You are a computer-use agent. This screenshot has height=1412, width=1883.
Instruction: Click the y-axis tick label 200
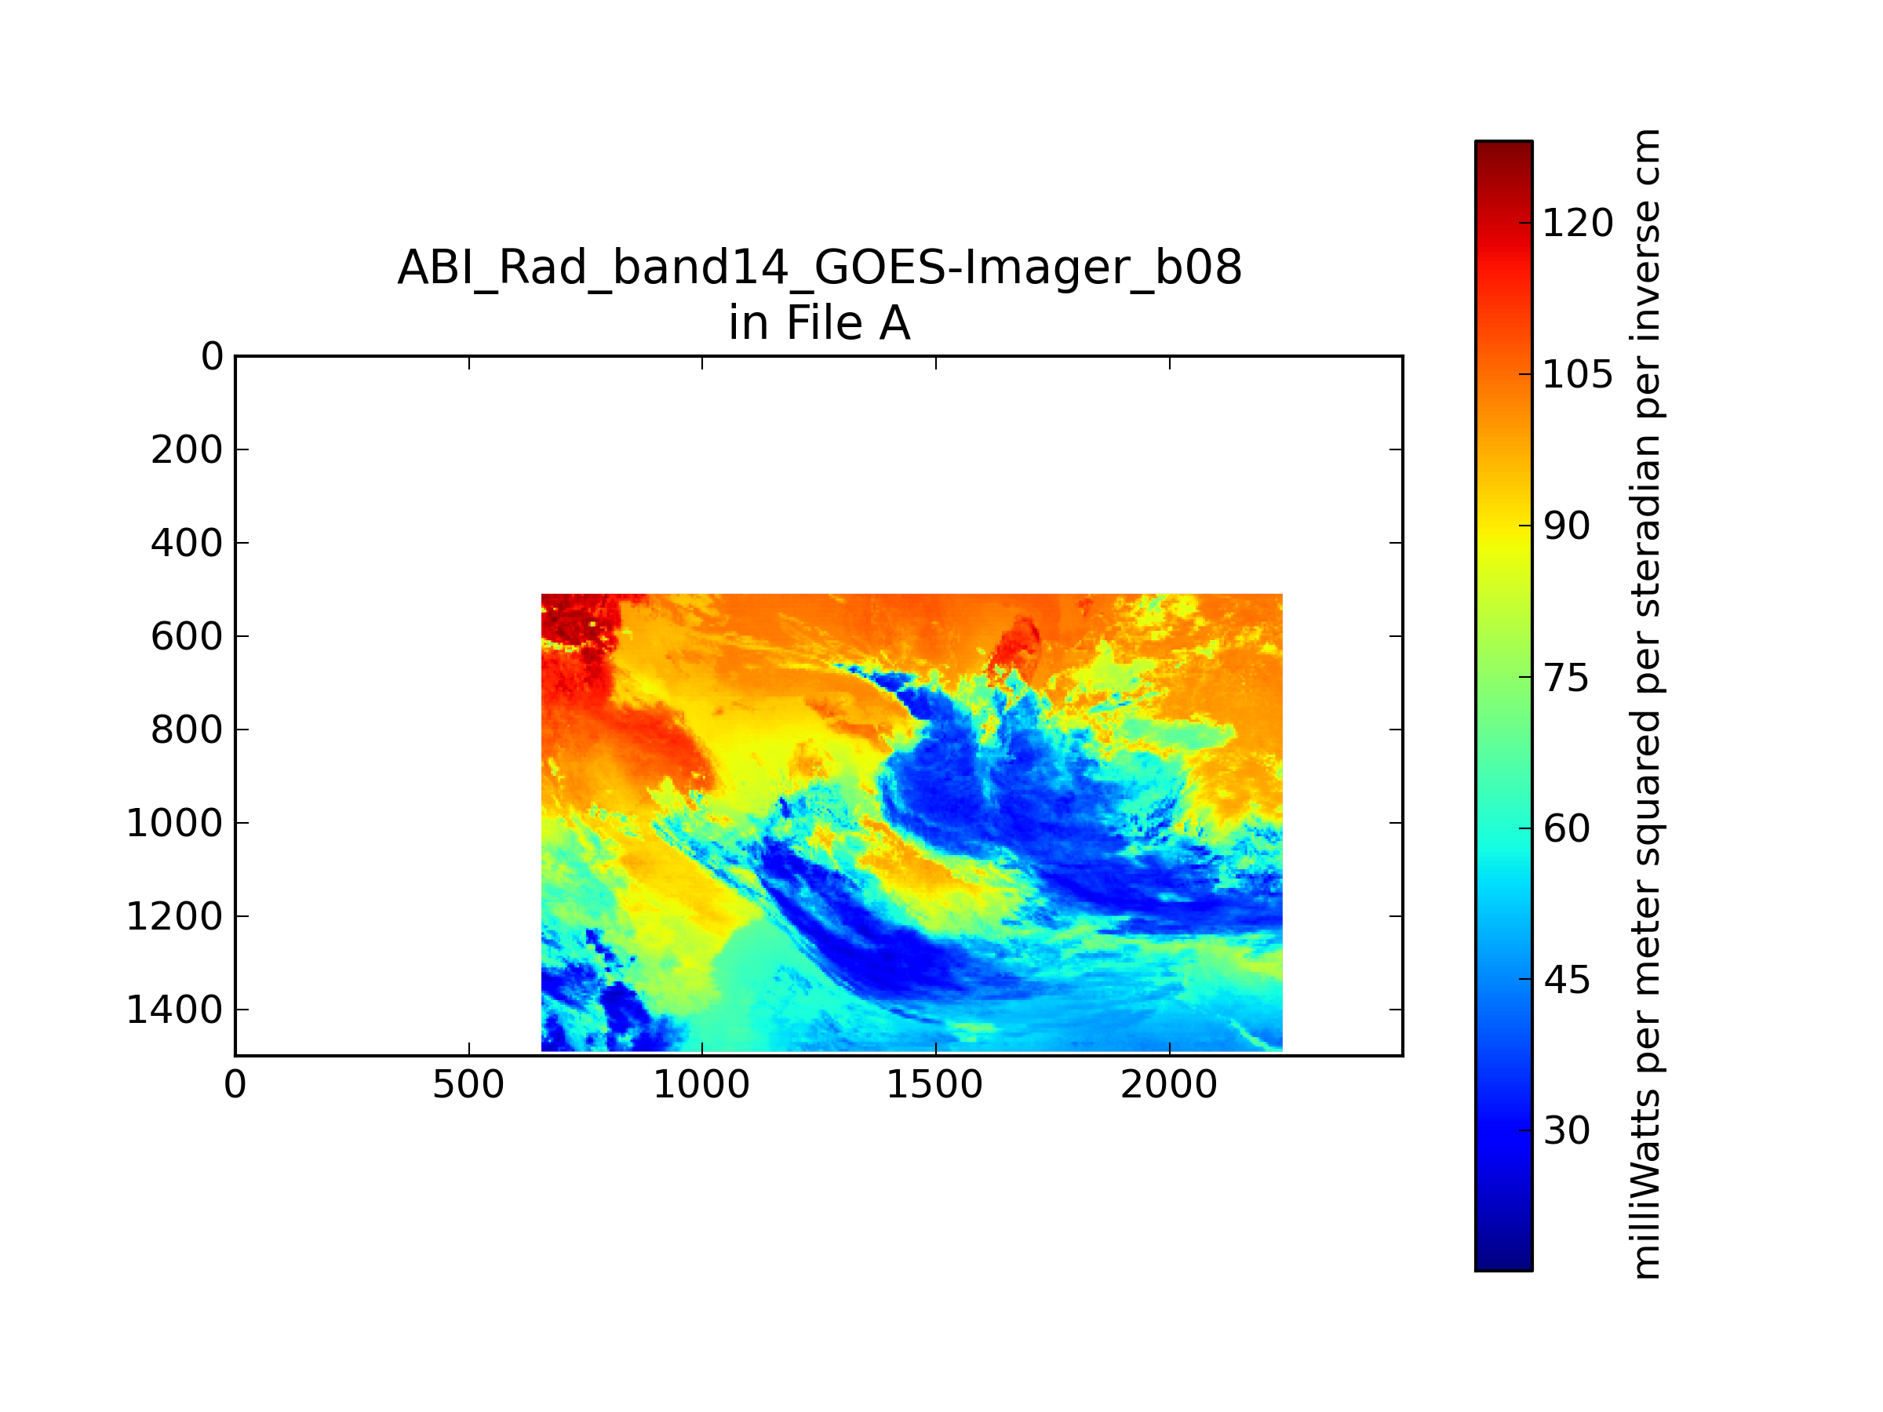coord(187,449)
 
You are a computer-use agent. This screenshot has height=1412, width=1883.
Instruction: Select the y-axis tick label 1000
coord(174,823)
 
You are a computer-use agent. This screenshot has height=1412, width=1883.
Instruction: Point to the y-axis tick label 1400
coord(174,1010)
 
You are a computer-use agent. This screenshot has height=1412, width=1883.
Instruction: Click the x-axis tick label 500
coord(468,1085)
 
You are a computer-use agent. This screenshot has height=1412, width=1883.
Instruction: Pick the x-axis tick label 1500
coord(934,1085)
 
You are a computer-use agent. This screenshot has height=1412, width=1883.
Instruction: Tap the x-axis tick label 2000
coord(1169,1085)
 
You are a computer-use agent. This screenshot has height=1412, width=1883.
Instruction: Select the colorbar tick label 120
coord(1577,223)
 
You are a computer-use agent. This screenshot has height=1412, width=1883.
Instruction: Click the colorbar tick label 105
coord(1577,374)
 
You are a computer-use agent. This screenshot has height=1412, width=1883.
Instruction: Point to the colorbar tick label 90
coord(1566,526)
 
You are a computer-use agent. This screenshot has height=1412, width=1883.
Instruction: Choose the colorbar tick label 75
coord(1566,678)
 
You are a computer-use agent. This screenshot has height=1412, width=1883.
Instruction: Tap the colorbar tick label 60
coord(1566,828)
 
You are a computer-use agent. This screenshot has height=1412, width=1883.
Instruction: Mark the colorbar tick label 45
coord(1566,980)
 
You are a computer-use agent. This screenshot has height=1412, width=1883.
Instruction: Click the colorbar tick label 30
coord(1566,1130)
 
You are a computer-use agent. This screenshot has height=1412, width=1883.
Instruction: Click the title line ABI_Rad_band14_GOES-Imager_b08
coord(819,268)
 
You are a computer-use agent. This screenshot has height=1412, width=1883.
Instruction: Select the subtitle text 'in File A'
coord(819,323)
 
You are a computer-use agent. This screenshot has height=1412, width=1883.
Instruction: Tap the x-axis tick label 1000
coord(701,1085)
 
